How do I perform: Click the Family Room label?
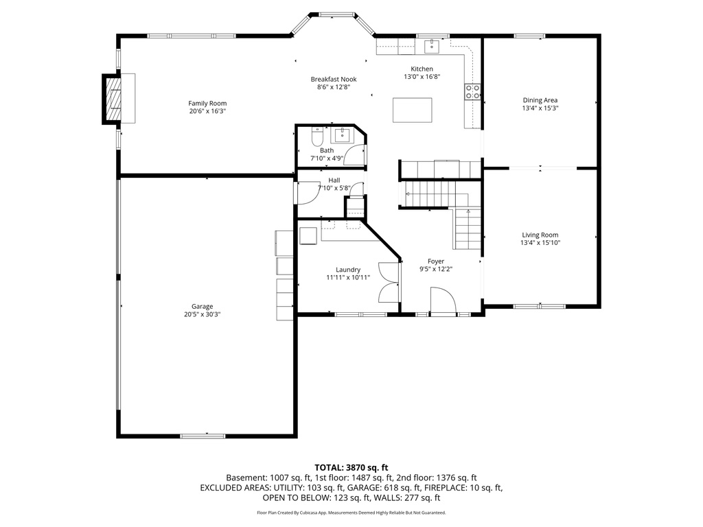(207, 103)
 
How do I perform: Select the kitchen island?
(412, 110)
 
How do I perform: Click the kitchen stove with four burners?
(472, 91)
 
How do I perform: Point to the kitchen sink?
(432, 47)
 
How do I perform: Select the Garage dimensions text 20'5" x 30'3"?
(202, 314)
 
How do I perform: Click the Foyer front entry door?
(442, 301)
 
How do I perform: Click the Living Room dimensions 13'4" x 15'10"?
(540, 242)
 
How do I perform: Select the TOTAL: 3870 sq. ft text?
(351, 467)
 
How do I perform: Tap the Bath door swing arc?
(355, 157)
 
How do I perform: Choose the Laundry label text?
(348, 270)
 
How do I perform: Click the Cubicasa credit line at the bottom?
(351, 513)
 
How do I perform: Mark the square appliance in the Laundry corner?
(308, 233)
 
